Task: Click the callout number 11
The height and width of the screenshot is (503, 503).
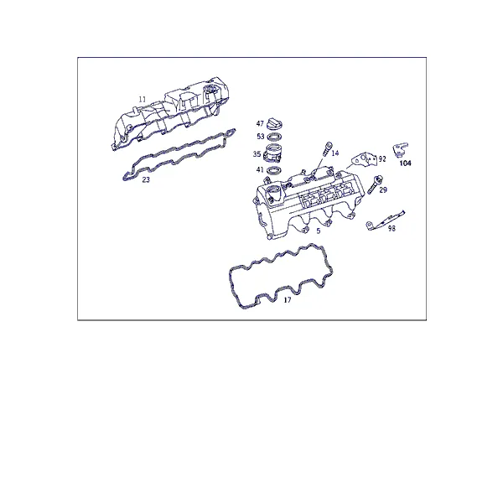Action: (x=143, y=100)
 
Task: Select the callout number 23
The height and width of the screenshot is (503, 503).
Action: (x=146, y=179)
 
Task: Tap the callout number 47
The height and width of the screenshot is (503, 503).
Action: (x=260, y=123)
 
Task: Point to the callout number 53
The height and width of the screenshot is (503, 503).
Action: (x=261, y=137)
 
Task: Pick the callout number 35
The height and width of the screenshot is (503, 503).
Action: (x=257, y=154)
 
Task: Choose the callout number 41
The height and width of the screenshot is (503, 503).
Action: (x=260, y=169)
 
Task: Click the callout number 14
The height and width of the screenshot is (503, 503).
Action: (x=334, y=153)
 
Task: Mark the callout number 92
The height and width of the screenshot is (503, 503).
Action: (x=382, y=158)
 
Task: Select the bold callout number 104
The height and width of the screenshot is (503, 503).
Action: (x=405, y=163)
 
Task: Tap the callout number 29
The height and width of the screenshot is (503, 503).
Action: (x=383, y=190)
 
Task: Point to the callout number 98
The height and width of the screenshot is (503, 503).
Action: (x=392, y=228)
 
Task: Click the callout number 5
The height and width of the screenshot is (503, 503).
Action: (x=319, y=231)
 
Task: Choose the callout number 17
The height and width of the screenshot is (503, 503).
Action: (x=288, y=300)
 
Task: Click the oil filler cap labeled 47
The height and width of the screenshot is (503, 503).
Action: (x=275, y=123)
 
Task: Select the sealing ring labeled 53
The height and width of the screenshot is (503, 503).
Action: (x=275, y=137)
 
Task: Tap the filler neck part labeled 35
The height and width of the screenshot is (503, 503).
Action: (x=272, y=153)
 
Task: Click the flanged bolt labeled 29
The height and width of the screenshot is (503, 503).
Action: (x=375, y=184)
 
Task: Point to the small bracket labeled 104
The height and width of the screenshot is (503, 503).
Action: (x=400, y=150)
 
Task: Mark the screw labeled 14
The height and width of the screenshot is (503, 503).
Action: (x=327, y=149)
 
